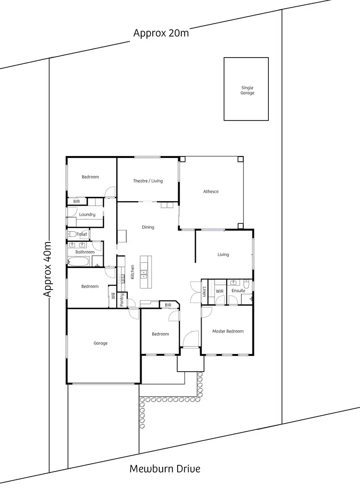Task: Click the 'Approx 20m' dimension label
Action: click(161, 33)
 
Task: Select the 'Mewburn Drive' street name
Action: click(165, 469)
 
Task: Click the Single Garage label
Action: click(247, 90)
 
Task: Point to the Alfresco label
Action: click(211, 192)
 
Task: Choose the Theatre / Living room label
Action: click(148, 181)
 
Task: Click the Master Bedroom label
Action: click(228, 331)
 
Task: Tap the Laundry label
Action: click(87, 215)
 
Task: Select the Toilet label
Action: click(82, 234)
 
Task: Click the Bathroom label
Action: click(85, 252)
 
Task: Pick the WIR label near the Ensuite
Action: click(220, 291)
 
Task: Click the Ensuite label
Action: click(239, 291)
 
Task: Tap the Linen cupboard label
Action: click(204, 292)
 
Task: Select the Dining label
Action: click(148, 227)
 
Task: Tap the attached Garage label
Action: click(100, 343)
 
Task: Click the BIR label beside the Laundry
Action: click(76, 202)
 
